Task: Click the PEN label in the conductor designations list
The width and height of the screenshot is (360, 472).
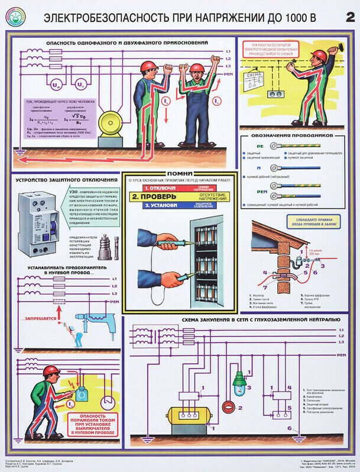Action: tap(258, 192)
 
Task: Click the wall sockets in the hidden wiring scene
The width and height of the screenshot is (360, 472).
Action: tap(273, 93)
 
